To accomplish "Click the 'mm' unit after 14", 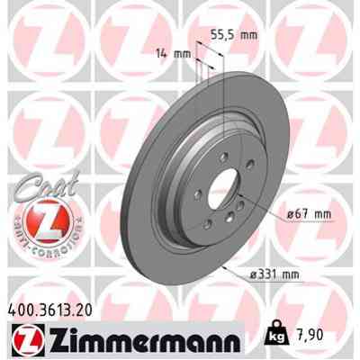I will (x=183, y=55).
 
